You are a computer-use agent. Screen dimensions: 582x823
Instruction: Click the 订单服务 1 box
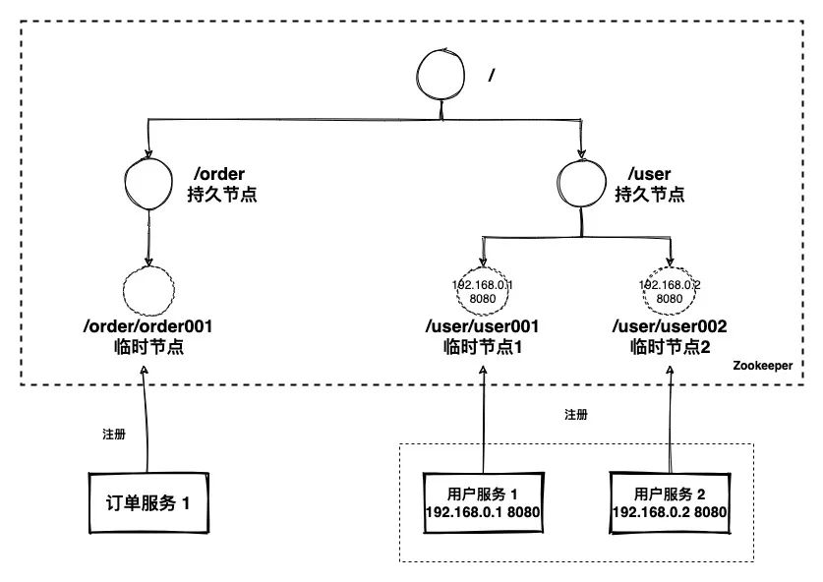147,502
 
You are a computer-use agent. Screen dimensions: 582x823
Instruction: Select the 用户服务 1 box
485,500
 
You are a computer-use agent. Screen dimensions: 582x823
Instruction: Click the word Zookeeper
762,365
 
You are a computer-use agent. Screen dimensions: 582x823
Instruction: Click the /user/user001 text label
483,326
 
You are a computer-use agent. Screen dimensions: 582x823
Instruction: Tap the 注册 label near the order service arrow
114,434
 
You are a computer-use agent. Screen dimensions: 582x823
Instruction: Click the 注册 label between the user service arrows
577,415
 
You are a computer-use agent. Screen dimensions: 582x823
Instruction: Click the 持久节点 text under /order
221,194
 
